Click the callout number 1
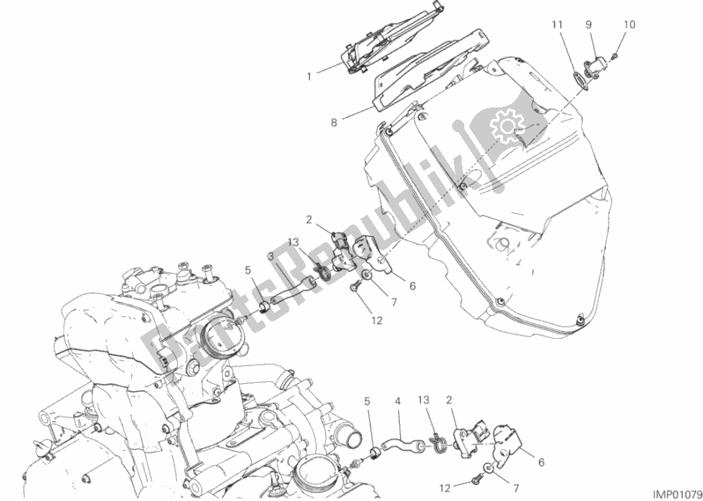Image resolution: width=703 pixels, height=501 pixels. tap(309, 77)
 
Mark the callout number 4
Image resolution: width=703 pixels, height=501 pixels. tap(397, 402)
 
